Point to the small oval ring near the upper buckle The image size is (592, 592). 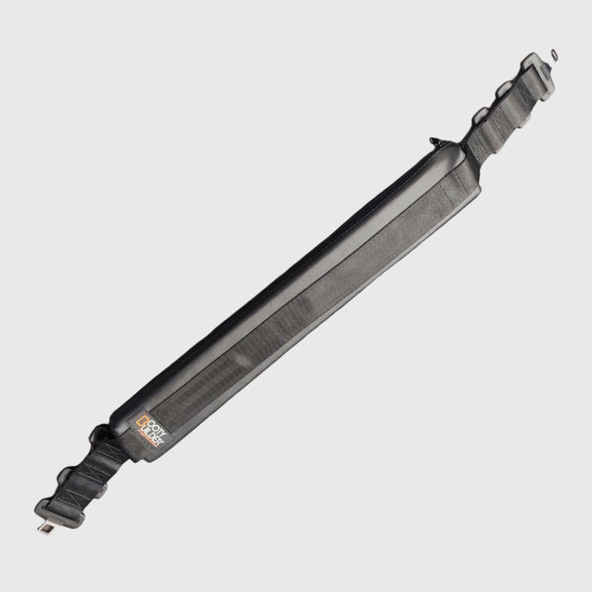554,54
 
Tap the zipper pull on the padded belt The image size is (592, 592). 434,141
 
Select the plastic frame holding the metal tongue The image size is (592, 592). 60,513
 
